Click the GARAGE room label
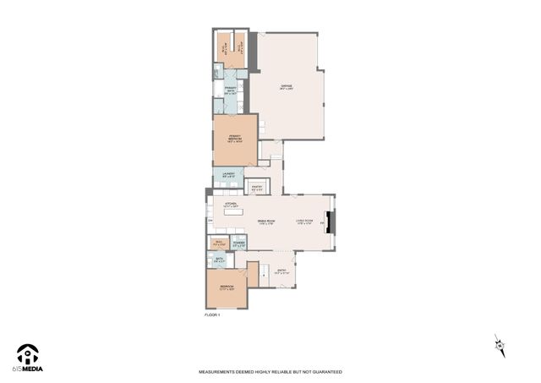coord(287,86)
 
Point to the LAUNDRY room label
coord(228,176)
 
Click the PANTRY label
coord(257,189)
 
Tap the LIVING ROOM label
coord(305,222)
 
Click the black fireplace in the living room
coord(332,222)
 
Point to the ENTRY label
coord(282,272)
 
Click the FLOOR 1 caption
coord(211,315)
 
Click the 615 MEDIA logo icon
coord(28,353)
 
